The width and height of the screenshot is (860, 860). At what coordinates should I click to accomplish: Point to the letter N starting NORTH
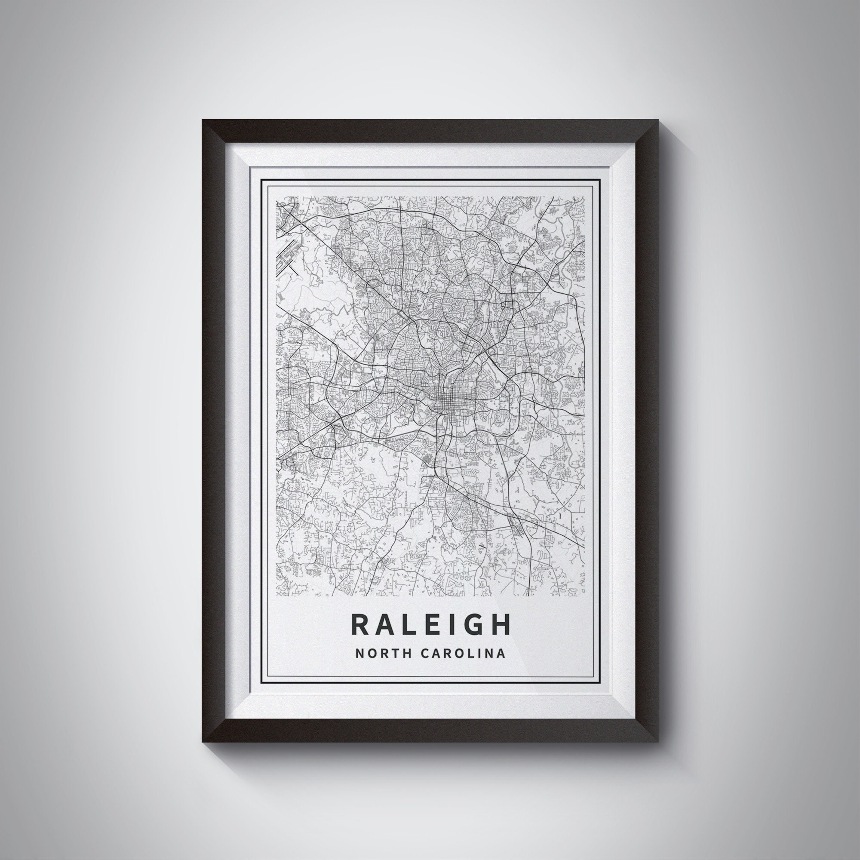click(358, 654)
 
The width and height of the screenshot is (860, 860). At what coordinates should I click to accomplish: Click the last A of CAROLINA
click(501, 654)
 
